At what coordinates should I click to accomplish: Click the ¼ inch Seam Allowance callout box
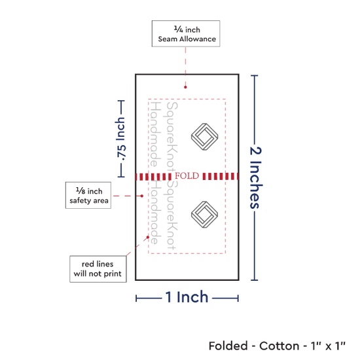(186, 34)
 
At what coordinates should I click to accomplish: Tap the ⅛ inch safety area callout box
(88, 196)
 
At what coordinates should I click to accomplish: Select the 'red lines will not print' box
(98, 269)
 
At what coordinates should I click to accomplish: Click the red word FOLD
(187, 176)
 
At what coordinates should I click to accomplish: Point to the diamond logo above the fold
(205, 137)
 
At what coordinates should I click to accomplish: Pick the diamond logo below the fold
(205, 215)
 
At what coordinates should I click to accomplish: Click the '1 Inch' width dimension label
(187, 297)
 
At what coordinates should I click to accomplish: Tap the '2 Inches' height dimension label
(256, 177)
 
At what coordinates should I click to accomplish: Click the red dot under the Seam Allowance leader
(185, 87)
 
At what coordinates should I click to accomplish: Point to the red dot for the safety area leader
(142, 196)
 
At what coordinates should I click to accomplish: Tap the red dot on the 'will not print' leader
(148, 237)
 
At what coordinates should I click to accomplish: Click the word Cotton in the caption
(279, 346)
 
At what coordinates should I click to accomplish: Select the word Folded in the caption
(228, 346)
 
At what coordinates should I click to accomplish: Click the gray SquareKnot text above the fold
(171, 137)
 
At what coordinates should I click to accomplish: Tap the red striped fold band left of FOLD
(153, 177)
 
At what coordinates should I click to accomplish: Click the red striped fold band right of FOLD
(221, 176)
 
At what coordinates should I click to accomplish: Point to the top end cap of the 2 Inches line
(255, 75)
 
